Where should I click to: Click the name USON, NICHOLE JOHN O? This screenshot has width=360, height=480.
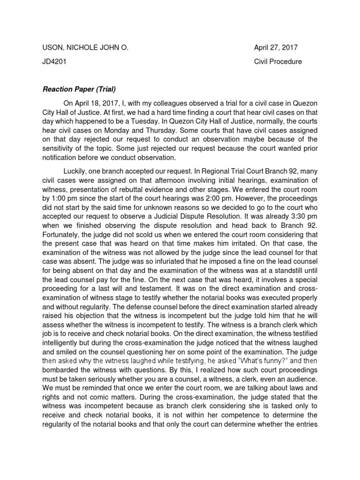pyautogui.click(x=85, y=48)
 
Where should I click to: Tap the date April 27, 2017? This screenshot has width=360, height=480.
pyautogui.click(x=276, y=48)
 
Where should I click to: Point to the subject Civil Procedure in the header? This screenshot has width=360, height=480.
pyautogui.click(x=278, y=61)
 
